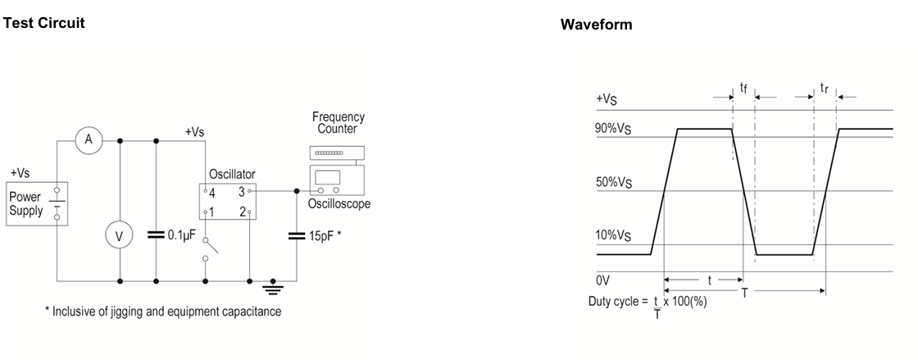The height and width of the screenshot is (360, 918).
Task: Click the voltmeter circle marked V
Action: pos(120,235)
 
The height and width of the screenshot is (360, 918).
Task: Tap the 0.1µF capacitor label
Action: pos(181,235)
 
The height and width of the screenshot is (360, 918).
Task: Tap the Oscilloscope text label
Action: pos(339,204)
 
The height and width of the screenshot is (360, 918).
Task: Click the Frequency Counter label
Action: pos(339,123)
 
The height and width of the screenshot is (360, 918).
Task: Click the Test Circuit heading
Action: pos(44,23)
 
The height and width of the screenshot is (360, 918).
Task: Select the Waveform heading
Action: pos(596,25)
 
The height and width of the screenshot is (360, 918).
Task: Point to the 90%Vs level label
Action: pos(614,129)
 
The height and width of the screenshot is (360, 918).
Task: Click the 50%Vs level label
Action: pos(614,182)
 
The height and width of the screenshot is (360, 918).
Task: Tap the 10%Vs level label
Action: pos(614,235)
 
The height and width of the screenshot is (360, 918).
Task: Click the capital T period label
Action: pos(744,293)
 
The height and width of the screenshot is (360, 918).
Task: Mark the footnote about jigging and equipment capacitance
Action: pos(163,312)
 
